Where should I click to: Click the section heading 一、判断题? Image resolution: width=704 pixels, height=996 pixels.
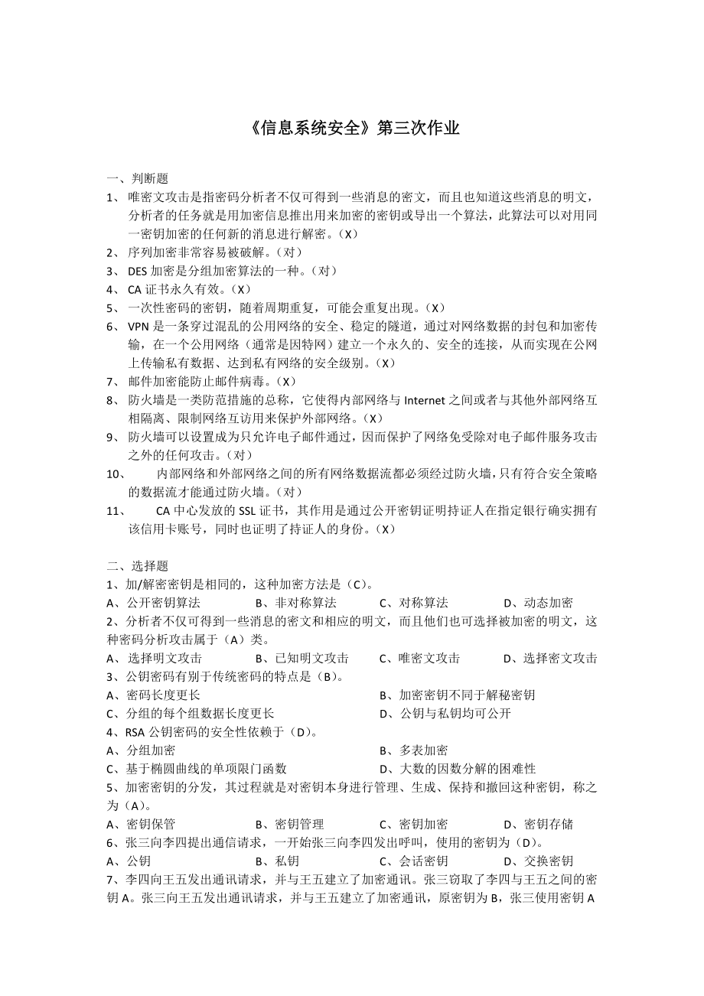click(x=137, y=178)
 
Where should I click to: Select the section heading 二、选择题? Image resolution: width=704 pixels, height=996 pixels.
click(x=137, y=565)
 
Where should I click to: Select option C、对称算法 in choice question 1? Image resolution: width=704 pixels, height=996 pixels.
click(x=413, y=603)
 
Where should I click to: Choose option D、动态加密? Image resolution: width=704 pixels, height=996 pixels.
click(x=538, y=603)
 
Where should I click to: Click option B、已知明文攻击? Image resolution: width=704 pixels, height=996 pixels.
click(x=301, y=658)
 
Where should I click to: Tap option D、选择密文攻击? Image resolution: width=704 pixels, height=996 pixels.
click(x=550, y=658)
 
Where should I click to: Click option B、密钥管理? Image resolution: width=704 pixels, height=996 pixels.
click(x=289, y=824)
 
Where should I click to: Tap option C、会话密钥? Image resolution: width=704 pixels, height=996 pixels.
click(x=413, y=861)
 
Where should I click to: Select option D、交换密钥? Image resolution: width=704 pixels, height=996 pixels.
click(x=538, y=861)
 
